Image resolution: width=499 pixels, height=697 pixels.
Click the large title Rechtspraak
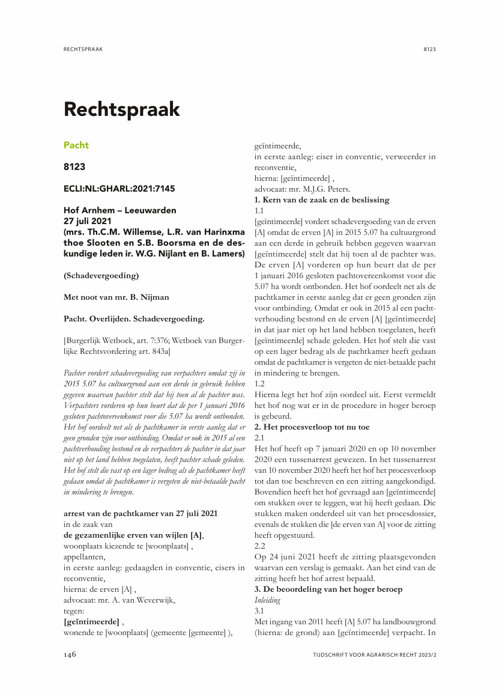tap(122, 109)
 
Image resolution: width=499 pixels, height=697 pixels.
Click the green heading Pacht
tap(76, 145)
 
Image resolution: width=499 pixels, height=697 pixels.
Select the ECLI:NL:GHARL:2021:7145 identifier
tap(119, 189)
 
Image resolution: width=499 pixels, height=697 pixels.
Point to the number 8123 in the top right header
tap(429, 49)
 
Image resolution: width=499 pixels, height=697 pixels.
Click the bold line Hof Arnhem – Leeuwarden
tap(120, 210)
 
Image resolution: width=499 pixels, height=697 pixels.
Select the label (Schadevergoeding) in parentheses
tap(101, 276)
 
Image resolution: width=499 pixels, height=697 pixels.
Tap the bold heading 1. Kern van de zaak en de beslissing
tap(322, 199)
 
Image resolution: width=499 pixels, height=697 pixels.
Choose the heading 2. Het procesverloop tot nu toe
tap(312, 427)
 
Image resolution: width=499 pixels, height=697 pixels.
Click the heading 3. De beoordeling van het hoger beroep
tap(328, 589)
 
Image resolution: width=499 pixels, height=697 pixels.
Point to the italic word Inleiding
tap(267, 600)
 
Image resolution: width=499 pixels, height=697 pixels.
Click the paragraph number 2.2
tap(260, 546)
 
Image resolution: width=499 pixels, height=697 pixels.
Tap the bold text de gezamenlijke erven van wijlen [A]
tap(133, 535)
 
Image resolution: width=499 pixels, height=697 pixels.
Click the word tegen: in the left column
tap(74, 610)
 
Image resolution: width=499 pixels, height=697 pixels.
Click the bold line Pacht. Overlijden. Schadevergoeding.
tap(134, 318)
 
